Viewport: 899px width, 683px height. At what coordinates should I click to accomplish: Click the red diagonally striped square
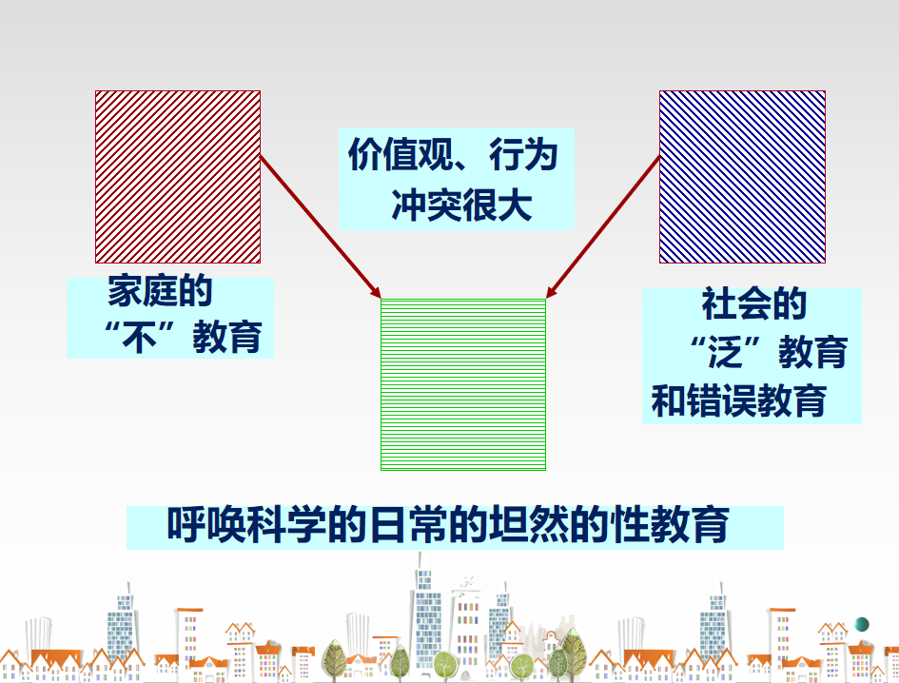(178, 177)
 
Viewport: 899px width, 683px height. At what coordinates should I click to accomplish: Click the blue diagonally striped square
(742, 177)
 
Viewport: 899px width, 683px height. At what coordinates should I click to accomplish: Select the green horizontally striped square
(463, 384)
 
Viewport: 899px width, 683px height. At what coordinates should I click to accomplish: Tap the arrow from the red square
(321, 226)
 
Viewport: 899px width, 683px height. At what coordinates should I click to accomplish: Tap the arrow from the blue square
(602, 226)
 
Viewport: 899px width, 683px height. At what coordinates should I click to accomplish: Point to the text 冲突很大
(462, 205)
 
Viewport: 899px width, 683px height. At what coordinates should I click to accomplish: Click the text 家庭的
(160, 291)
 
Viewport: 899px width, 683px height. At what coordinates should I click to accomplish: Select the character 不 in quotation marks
(139, 337)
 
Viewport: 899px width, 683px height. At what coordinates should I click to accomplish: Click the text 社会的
(754, 304)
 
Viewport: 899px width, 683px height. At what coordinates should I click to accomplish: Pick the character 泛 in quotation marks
(725, 352)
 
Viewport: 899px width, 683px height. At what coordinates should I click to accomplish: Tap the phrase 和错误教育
(739, 400)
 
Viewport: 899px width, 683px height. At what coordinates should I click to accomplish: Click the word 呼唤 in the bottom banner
(205, 524)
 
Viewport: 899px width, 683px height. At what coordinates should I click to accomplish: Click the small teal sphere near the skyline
(862, 624)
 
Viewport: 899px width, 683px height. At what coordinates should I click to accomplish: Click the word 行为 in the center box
(523, 154)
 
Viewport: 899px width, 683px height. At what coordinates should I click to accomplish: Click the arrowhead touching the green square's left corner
(376, 292)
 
